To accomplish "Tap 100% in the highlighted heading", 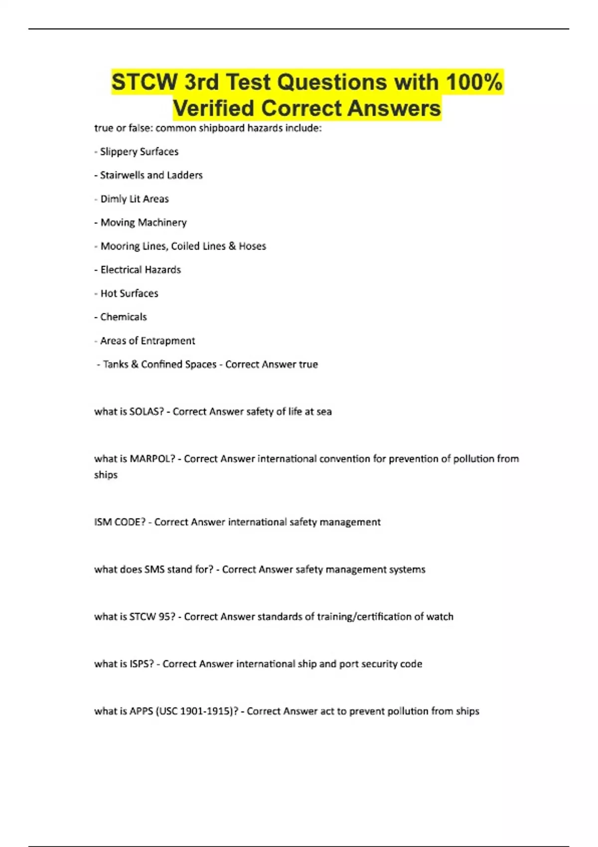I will pos(474,82).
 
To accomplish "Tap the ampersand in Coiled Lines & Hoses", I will pos(232,246).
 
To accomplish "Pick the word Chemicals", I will pos(124,317).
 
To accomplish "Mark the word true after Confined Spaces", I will pos(308,364).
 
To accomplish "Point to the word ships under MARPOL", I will pos(106,475).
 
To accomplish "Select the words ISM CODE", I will pos(120,522).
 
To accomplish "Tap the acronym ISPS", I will pos(142,664).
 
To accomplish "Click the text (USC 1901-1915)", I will pos(197,711).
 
